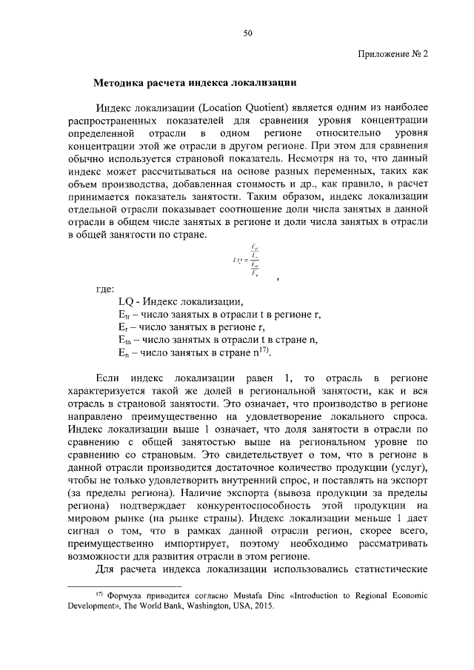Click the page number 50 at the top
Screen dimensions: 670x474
point(248,33)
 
